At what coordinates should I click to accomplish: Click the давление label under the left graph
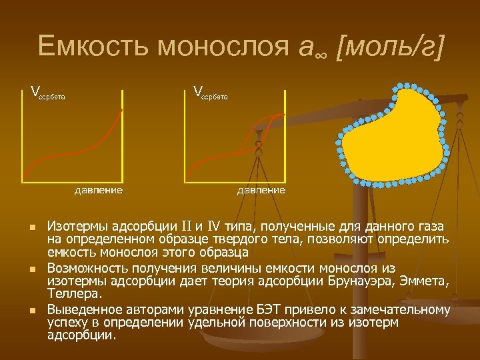pyautogui.click(x=98, y=190)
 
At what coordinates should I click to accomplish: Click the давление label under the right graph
pyautogui.click(x=261, y=190)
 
